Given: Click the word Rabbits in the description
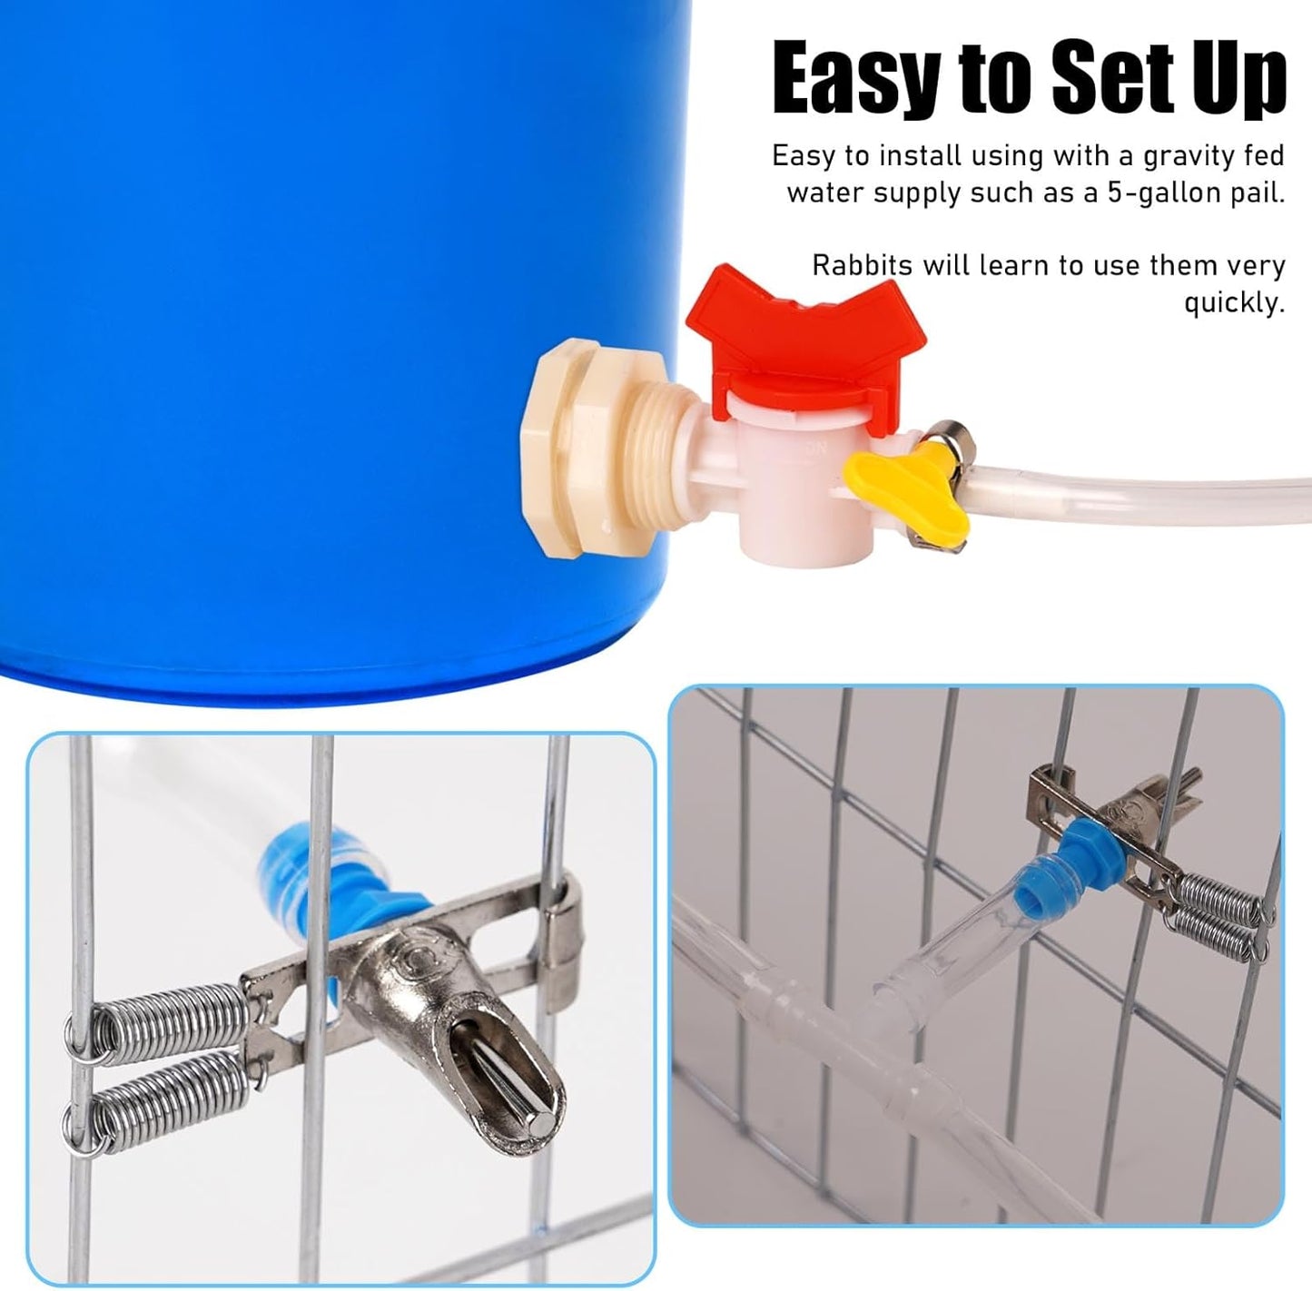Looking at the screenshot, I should coord(862,266).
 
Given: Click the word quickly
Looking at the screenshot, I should coord(1234,303).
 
